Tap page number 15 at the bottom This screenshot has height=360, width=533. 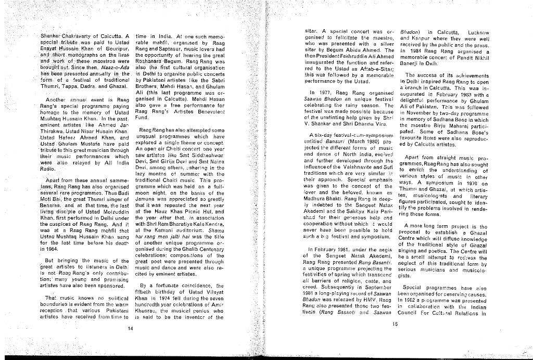tap(395, 323)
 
